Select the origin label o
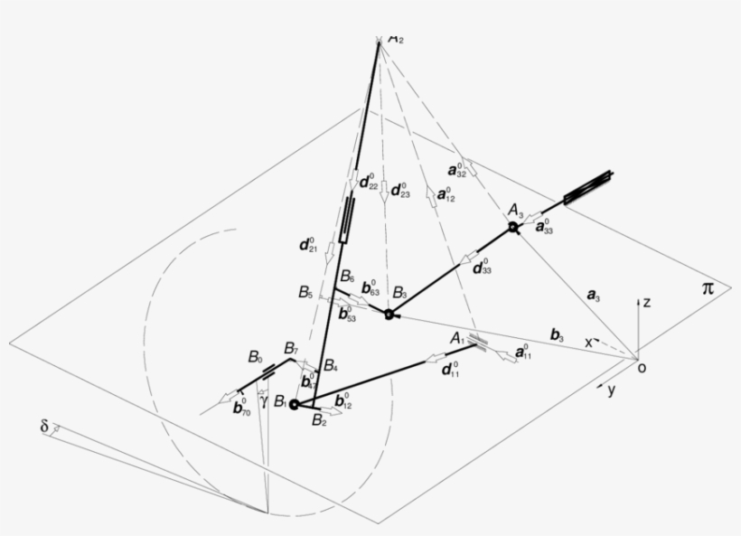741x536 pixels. point(642,367)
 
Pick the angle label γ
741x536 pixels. point(263,400)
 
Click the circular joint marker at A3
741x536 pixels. point(513,227)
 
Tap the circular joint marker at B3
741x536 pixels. point(389,314)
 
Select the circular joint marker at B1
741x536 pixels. point(294,404)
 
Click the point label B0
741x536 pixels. point(256,357)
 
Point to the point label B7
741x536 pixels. point(291,349)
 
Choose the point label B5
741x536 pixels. point(305,292)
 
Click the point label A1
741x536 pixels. point(457,338)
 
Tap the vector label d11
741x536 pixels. point(448,369)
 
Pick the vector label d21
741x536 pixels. point(307,244)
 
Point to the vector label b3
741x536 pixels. point(558,335)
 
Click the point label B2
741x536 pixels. point(318,419)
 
